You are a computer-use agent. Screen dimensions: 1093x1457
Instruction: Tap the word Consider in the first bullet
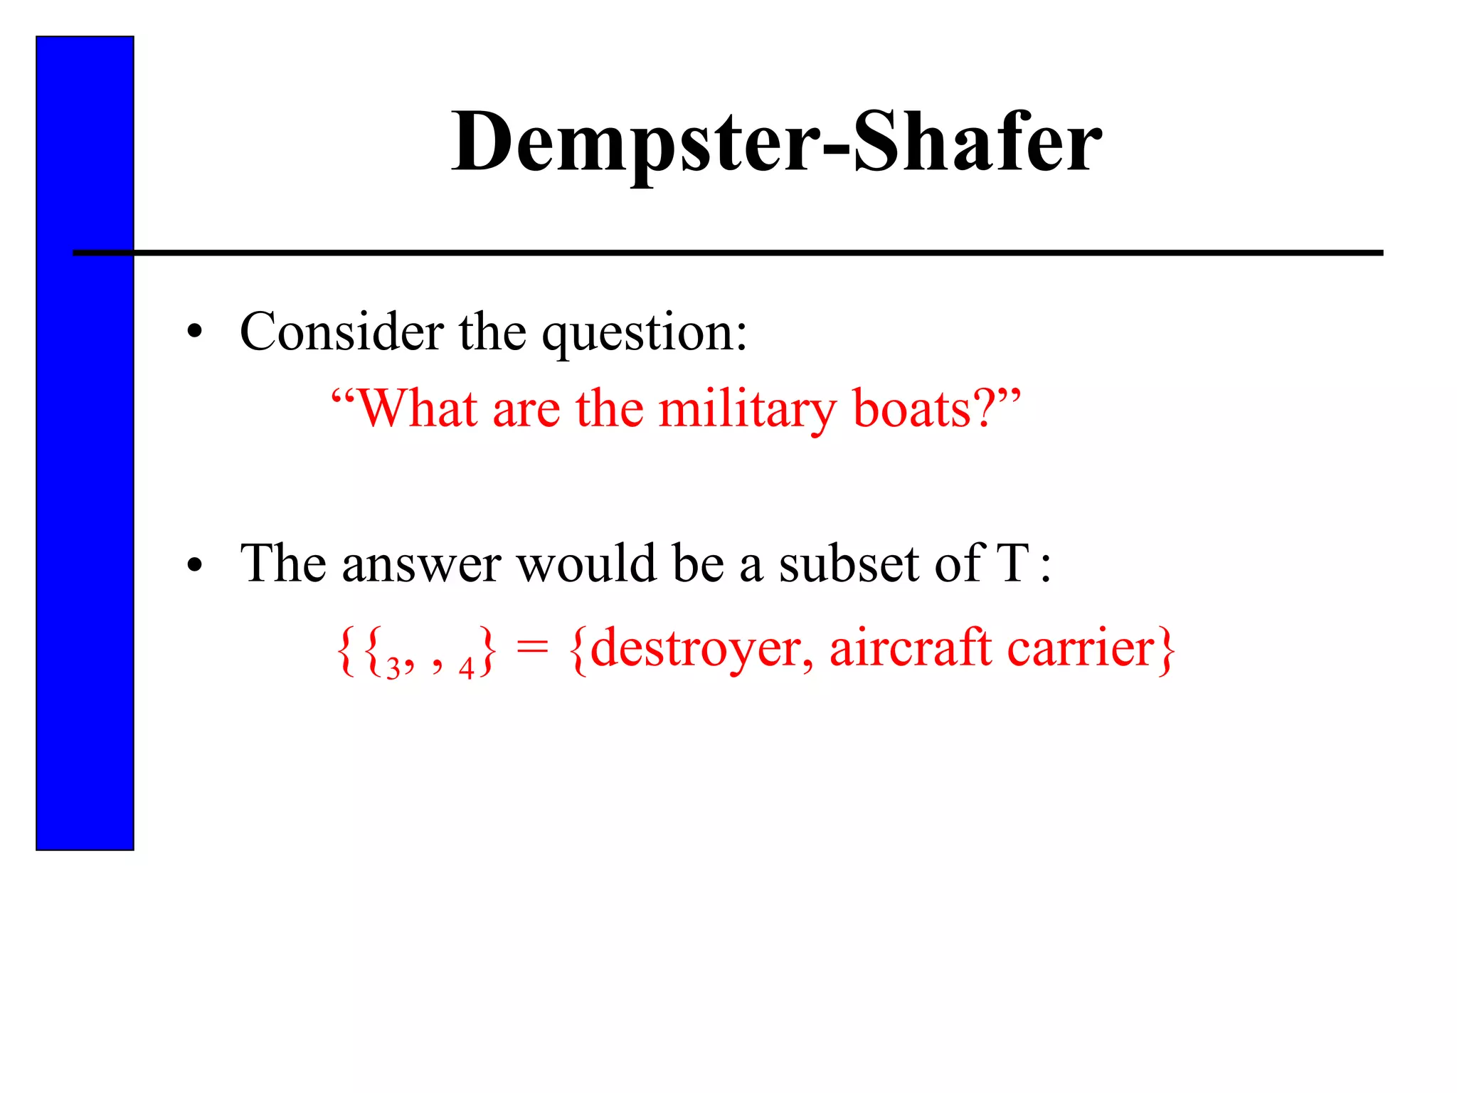pos(341,332)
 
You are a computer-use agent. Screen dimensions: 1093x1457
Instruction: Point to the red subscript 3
pos(393,670)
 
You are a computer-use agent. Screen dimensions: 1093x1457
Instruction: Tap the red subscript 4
pos(466,669)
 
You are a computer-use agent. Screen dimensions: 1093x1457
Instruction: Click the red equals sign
pos(531,649)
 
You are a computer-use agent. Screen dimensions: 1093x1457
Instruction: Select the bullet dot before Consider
pos(194,332)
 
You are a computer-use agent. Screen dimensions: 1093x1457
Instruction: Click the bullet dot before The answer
pos(194,566)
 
